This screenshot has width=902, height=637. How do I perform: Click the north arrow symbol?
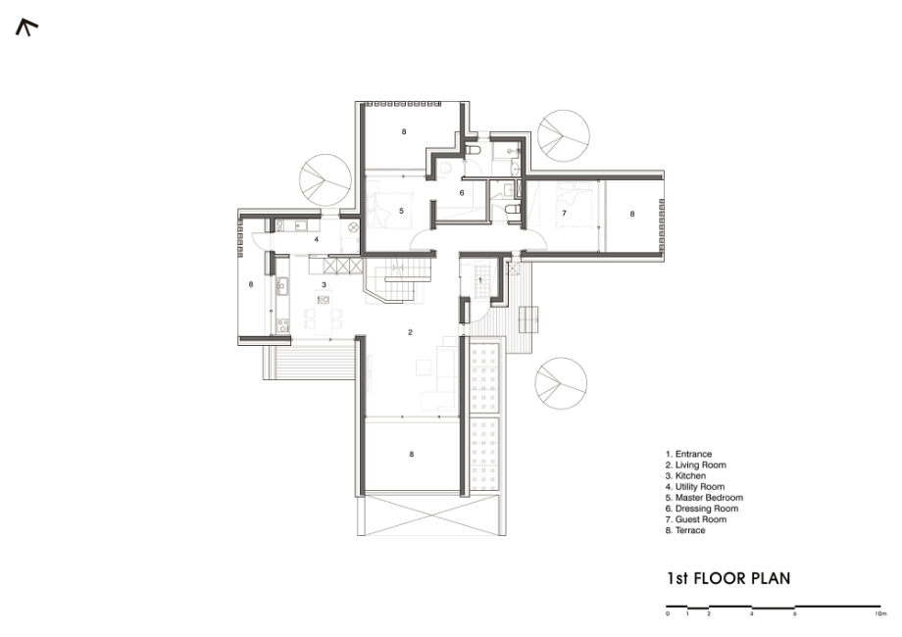point(25,26)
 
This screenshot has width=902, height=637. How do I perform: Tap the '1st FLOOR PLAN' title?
point(728,578)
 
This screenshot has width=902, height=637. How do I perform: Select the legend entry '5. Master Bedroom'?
point(704,498)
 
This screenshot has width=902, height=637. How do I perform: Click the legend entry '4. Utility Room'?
point(695,487)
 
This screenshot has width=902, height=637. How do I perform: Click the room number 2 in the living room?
point(410,332)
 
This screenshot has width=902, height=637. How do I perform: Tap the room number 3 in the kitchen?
point(324,284)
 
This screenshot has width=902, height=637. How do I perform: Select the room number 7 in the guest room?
point(565,214)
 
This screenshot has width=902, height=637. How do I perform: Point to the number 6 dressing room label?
point(462,193)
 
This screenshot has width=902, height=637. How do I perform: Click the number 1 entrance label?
point(480,280)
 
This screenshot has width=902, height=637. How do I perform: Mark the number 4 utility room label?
point(316,240)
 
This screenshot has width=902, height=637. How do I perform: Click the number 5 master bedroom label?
point(402,211)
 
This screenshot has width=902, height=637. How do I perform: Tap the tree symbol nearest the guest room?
point(563,135)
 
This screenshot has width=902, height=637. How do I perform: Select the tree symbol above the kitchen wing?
point(326,180)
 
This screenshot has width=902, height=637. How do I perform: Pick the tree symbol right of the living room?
point(561,383)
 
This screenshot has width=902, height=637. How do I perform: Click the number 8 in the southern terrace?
point(412,454)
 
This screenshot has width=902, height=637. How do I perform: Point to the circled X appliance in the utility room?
point(353,227)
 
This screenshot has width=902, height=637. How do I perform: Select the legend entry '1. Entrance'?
point(688,454)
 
